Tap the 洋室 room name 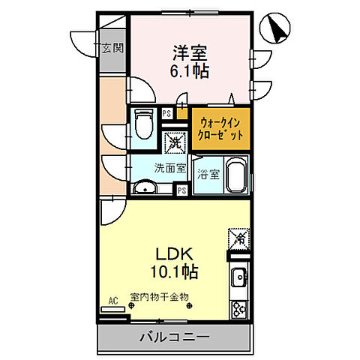[188, 53]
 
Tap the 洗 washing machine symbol [174, 140]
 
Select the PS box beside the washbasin [181, 190]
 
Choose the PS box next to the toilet [166, 114]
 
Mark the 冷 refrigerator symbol [236, 238]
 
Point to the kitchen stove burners [239, 307]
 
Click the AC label [113, 301]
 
